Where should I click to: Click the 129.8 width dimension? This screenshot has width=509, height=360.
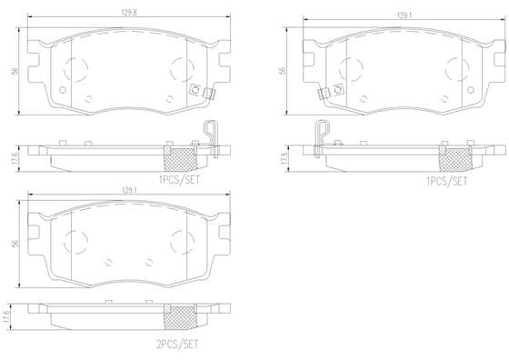pos(129,13)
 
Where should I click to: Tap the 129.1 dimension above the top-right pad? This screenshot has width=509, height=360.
pos(405,15)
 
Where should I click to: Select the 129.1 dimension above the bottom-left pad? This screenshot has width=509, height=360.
pos(129,191)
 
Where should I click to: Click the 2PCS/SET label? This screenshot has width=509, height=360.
pos(177,345)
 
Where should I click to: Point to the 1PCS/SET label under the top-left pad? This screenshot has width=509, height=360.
pos(179,179)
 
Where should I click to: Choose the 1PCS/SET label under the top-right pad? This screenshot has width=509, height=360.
pos(447,181)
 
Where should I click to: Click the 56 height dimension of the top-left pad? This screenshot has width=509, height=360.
pos(15,71)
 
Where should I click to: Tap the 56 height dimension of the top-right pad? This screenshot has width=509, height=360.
pos(283,71)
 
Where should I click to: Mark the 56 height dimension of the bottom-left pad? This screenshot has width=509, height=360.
pos(15,244)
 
